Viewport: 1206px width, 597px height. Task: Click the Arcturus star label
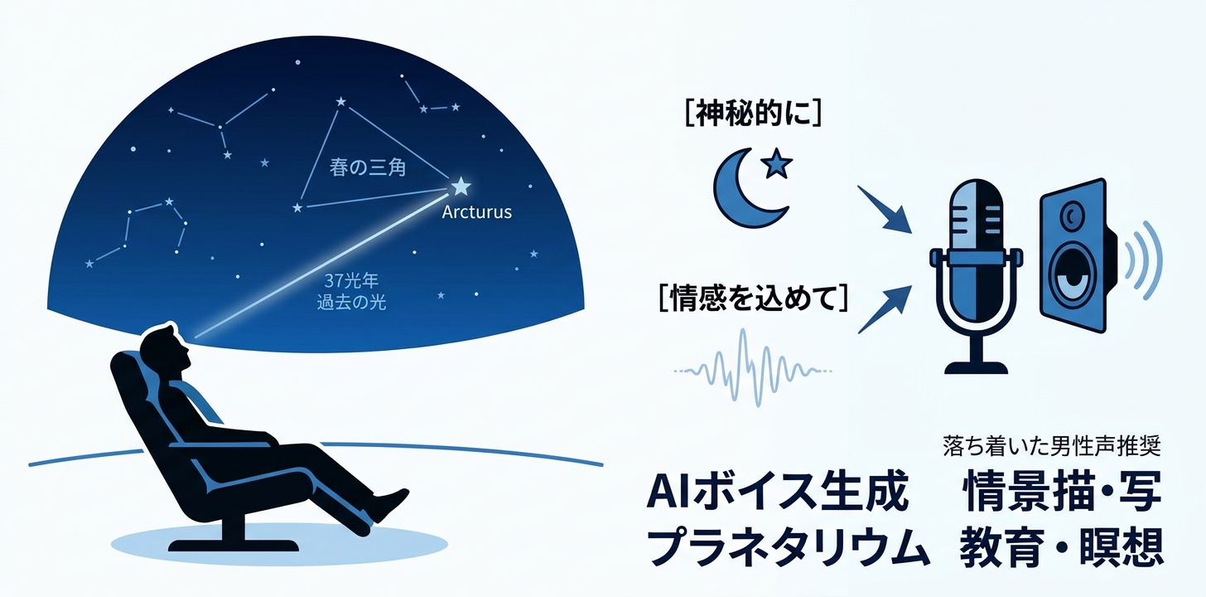tap(476, 212)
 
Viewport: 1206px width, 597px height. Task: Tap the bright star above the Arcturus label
tap(460, 187)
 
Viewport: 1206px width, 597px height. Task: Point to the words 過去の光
tap(351, 303)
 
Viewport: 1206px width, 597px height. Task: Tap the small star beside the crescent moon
tap(776, 166)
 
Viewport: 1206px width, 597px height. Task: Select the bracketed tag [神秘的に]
tap(752, 114)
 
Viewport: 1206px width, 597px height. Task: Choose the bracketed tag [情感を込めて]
tap(753, 298)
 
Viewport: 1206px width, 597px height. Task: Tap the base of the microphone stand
tap(974, 366)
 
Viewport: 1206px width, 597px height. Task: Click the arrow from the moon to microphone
tap(884, 211)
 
